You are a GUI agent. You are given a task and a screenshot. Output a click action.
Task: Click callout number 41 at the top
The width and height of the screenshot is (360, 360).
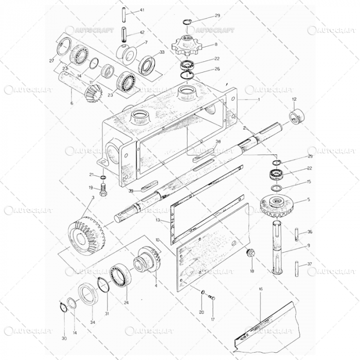[142, 10]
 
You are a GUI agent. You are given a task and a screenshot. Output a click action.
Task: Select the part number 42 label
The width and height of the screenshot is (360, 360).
[142, 32]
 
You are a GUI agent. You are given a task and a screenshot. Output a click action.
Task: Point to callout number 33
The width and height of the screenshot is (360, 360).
[163, 52]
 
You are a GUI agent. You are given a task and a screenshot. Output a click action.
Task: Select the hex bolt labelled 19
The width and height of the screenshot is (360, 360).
[104, 195]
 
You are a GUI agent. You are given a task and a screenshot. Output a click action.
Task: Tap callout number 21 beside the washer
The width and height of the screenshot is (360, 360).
[91, 174]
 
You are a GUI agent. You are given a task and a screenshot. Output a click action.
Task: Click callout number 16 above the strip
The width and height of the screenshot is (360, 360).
[260, 289]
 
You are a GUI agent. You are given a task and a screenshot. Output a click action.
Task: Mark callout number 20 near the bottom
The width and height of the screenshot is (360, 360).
[202, 312]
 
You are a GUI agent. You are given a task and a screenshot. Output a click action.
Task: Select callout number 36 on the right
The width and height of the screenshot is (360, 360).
[310, 231]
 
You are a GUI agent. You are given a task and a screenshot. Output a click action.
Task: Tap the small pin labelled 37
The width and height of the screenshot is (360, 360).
[298, 267]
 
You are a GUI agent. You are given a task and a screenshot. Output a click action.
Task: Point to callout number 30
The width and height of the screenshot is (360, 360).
[64, 338]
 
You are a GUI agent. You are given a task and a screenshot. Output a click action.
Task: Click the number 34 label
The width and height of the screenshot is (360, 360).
[93, 322]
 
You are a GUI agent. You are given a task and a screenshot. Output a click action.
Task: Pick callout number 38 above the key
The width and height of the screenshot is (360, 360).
[218, 141]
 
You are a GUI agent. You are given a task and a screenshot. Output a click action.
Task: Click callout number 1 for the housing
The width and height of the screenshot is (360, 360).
[259, 98]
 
